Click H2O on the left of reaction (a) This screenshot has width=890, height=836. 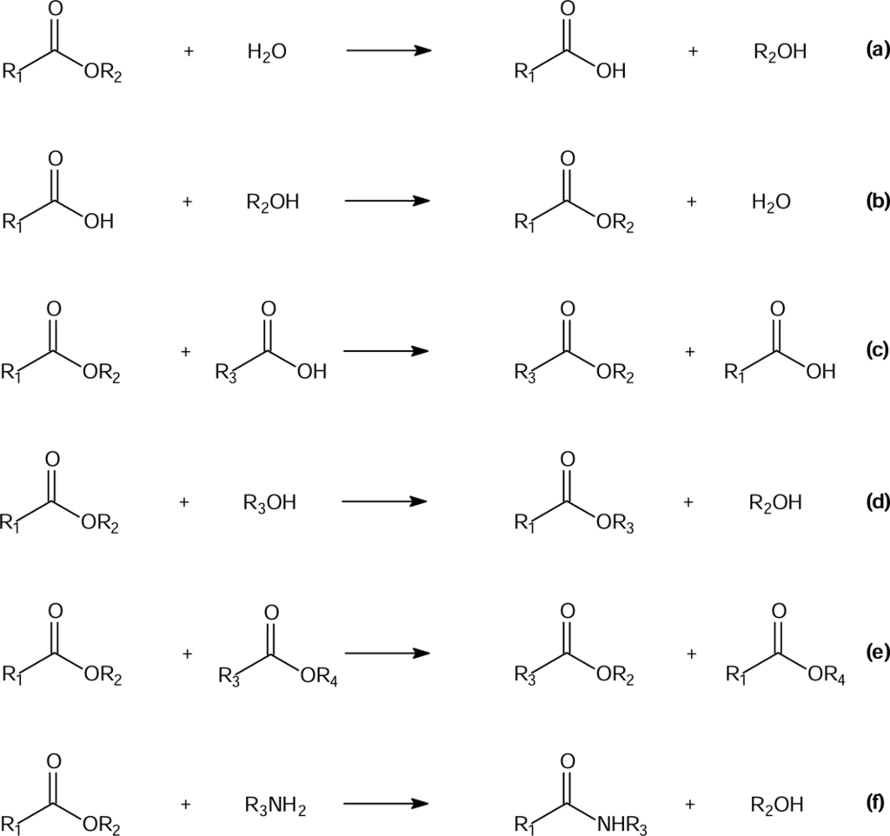click(x=267, y=54)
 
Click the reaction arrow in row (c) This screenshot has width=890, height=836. click(x=388, y=351)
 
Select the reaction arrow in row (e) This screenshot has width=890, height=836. click(x=388, y=652)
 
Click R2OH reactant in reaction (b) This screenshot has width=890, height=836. click(x=273, y=203)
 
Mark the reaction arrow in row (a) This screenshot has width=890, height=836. click(x=389, y=50)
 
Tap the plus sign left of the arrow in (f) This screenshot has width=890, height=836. click(x=186, y=804)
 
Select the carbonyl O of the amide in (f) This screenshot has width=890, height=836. click(x=568, y=760)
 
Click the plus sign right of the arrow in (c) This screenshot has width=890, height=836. click(x=692, y=352)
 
